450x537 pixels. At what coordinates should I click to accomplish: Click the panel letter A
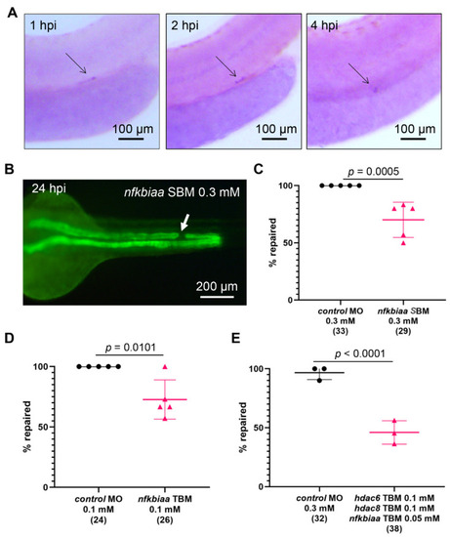[13, 13]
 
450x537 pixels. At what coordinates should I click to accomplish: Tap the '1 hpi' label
[43, 25]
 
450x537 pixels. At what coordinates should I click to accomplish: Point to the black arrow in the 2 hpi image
[226, 66]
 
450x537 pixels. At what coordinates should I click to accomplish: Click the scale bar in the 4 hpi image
[413, 139]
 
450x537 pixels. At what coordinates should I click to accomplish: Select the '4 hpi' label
[324, 25]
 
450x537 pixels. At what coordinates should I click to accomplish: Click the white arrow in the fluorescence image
[184, 223]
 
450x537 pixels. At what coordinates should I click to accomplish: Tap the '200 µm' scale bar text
[217, 286]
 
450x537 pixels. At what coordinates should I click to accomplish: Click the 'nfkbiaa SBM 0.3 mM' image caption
[182, 192]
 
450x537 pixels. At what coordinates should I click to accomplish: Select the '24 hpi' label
[49, 188]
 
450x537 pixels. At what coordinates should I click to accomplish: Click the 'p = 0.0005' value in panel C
[373, 171]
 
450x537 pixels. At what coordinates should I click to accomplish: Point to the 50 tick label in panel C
[289, 243]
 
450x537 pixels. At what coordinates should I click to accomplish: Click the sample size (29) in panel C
[403, 331]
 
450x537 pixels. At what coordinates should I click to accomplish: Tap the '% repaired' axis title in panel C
[273, 242]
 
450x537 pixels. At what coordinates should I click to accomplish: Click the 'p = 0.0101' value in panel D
[130, 348]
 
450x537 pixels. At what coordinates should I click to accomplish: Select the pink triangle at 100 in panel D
[165, 367]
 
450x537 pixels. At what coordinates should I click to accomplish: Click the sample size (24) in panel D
[99, 519]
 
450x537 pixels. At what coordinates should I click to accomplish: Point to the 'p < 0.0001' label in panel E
[359, 353]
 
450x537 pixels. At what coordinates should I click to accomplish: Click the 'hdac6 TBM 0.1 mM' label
[394, 498]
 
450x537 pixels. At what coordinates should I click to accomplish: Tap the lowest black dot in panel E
[319, 380]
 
